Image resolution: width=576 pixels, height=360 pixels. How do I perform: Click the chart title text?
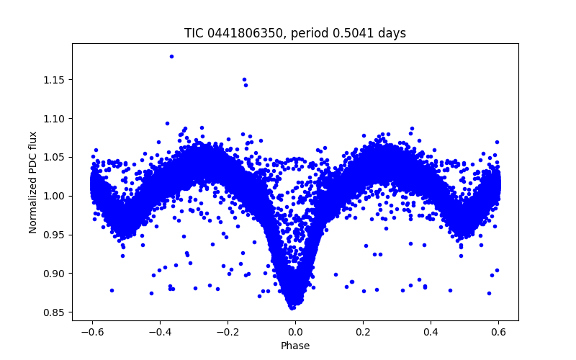tap(295, 33)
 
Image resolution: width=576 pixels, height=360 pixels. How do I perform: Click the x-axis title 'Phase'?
tap(295, 346)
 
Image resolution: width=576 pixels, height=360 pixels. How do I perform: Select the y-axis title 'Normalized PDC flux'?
tap(32, 181)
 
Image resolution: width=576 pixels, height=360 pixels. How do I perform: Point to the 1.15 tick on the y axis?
tap(55, 79)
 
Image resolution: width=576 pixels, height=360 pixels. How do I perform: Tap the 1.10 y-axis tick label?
tap(55, 118)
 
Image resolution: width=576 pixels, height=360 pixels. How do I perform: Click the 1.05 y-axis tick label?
tap(55, 157)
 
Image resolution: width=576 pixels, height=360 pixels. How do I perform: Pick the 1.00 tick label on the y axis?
tap(55, 196)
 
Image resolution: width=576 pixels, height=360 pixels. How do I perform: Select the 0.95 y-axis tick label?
tap(55, 235)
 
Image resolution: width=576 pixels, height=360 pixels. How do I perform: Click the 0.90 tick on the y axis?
tap(55, 274)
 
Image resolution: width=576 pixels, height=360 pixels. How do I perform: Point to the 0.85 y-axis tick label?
tap(55, 312)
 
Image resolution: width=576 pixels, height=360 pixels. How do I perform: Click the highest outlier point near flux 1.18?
tap(171, 56)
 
